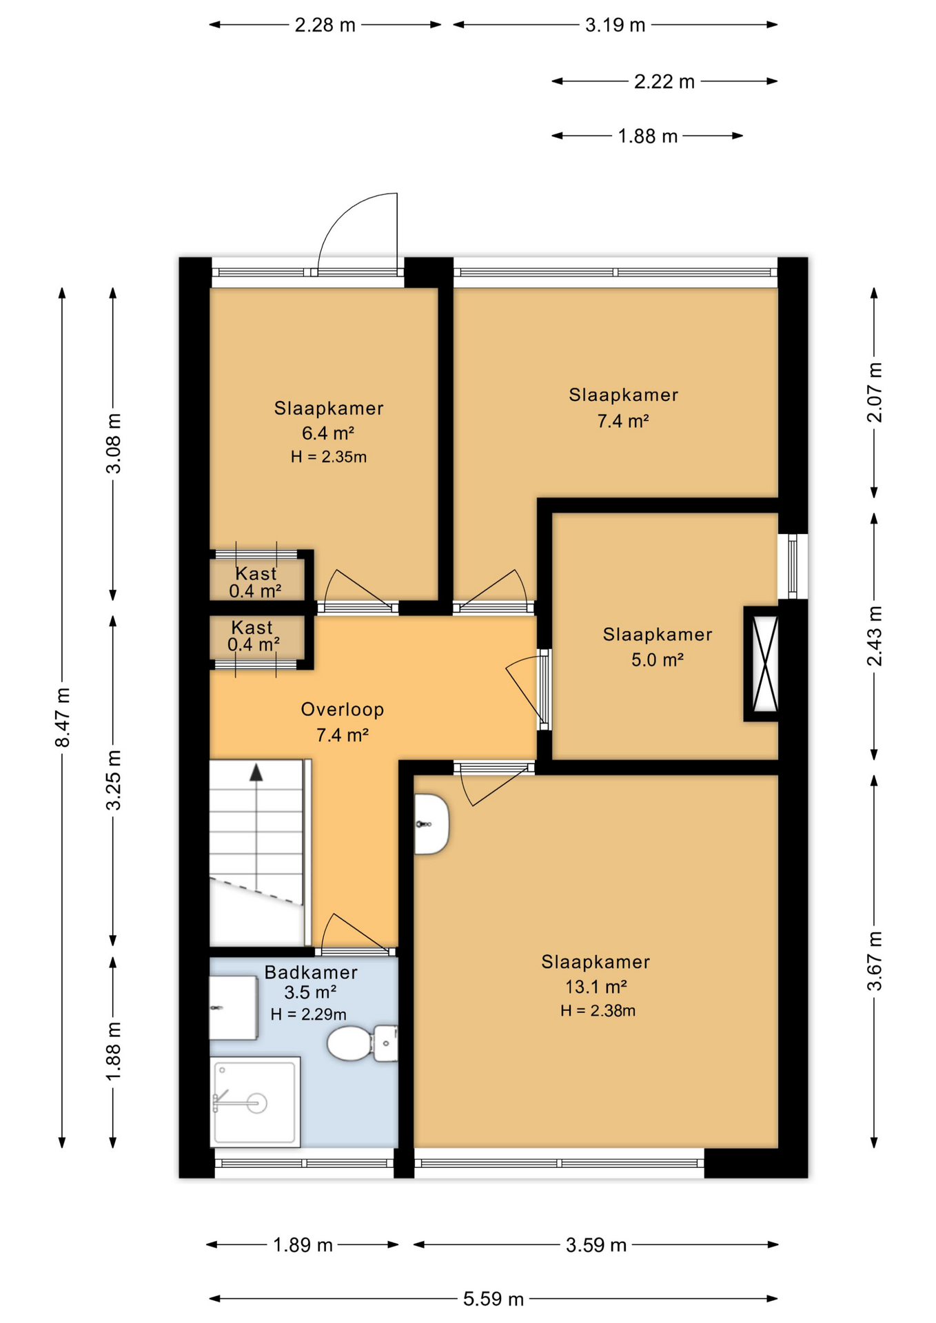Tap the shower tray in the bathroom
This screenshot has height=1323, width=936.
[255, 1101]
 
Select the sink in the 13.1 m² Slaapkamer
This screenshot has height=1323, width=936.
[431, 823]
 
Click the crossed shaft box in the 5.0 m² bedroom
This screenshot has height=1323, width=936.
[764, 664]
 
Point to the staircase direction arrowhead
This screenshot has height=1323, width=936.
[256, 772]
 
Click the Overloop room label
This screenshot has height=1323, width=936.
[343, 709]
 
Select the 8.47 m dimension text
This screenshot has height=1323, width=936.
[63, 717]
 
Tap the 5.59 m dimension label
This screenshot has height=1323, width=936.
[494, 1299]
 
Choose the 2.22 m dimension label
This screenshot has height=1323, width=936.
[664, 81]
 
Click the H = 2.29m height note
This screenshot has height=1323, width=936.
[308, 1014]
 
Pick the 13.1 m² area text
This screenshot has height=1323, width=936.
[596, 987]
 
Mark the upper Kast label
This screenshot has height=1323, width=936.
[256, 573]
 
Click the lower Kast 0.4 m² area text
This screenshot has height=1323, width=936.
[254, 645]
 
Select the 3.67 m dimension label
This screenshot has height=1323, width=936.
[874, 961]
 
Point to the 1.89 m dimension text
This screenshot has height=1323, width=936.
[303, 1245]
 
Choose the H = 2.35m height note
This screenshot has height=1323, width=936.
[328, 457]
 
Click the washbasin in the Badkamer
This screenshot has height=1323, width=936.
[233, 1007]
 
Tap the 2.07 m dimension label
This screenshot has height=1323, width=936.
[874, 392]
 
